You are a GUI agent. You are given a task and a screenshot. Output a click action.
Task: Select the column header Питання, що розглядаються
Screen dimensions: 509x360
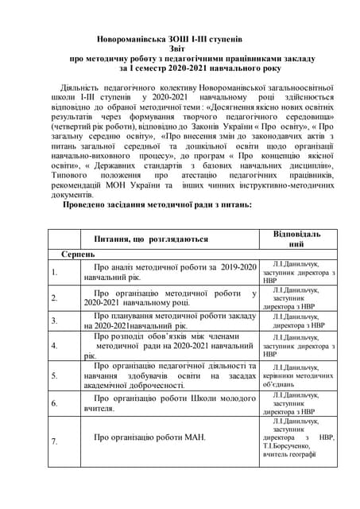[151, 239]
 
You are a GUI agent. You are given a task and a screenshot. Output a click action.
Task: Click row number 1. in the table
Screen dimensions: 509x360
[54, 273]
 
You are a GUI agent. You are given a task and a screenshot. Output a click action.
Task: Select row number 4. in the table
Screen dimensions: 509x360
[54, 346]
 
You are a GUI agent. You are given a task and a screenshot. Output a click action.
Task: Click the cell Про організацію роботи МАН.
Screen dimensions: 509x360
[149, 437]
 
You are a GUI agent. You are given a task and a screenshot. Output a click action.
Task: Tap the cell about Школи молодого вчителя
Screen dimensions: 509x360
[168, 402]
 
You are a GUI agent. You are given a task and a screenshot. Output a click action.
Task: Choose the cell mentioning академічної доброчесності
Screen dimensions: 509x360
[168, 375]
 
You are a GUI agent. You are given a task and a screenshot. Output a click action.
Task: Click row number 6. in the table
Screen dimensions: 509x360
[54, 403]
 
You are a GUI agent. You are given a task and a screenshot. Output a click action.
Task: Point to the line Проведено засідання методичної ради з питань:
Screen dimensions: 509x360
[157, 204]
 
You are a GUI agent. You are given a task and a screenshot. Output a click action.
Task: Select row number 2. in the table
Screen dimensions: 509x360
[54, 297]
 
